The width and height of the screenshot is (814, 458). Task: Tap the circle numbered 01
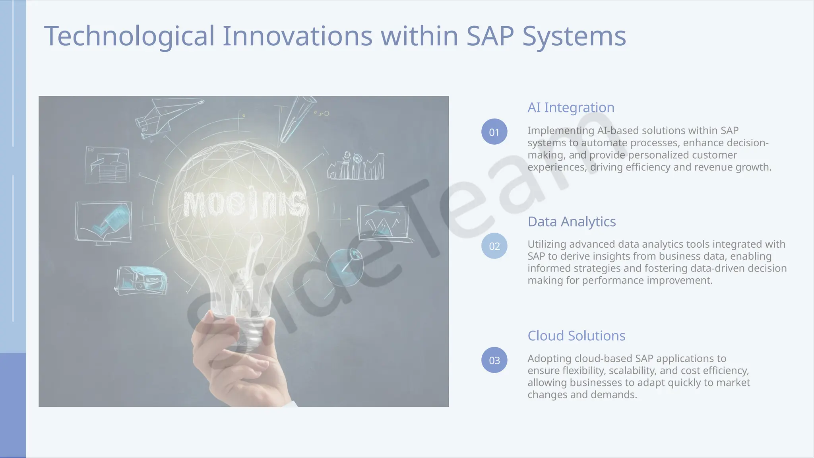494,132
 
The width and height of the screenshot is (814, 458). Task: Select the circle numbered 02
494,246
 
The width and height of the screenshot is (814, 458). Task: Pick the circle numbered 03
494,360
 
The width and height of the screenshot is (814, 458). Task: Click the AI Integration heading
571,107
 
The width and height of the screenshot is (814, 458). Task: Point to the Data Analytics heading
572,221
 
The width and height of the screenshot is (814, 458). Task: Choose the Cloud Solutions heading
576,336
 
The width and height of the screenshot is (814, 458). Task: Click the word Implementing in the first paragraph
560,131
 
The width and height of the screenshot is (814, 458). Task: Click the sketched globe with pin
345,267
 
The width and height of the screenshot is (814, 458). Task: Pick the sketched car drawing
142,280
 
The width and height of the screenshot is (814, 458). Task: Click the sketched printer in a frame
107,165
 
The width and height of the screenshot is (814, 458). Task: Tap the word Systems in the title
574,37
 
